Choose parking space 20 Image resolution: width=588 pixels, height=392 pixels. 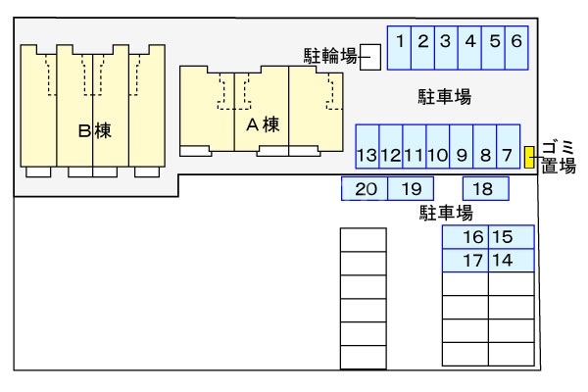(365, 189)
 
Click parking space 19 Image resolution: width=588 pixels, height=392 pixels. (412, 189)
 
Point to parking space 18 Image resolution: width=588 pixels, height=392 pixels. (483, 189)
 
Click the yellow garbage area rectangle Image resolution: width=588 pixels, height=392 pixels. (529, 156)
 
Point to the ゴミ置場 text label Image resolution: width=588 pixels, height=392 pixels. (559, 156)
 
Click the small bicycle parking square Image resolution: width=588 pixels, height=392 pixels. (370, 56)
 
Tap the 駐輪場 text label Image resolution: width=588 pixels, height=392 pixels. (329, 56)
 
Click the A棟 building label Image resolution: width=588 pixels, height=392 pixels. (263, 124)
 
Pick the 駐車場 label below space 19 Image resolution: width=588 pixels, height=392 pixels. (446, 212)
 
